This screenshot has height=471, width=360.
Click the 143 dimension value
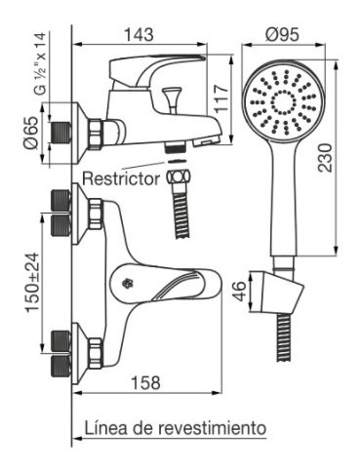tap(140, 34)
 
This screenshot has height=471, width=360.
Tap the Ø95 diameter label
tap(282, 34)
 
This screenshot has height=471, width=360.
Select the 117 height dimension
tap(221, 98)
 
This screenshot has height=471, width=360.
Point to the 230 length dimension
tap(325, 158)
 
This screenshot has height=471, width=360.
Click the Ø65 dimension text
tap(31, 133)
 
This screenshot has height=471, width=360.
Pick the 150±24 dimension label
tap(33, 282)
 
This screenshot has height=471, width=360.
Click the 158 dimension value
tap(145, 383)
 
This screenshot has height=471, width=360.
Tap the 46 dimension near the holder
tap(240, 292)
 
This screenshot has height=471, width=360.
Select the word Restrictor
tap(121, 178)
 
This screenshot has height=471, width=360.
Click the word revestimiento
tap(212, 428)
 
